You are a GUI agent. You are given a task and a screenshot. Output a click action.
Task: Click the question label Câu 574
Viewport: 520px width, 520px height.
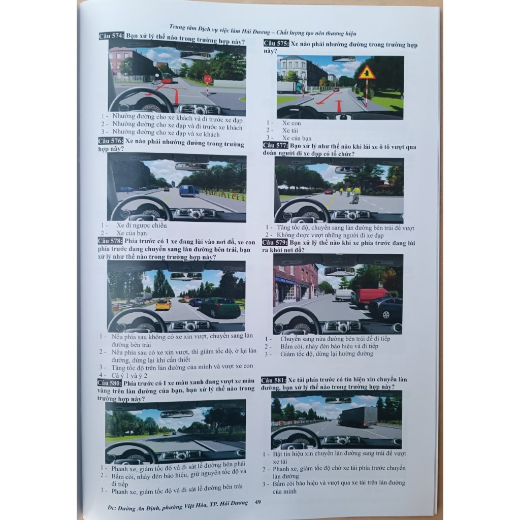(x=111, y=36)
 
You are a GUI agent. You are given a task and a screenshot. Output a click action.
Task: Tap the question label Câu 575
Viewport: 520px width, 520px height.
(x=276, y=44)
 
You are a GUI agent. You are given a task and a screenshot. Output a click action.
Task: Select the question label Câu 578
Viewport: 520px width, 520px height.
(x=110, y=241)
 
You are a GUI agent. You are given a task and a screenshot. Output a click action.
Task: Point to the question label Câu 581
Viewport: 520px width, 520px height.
(x=274, y=380)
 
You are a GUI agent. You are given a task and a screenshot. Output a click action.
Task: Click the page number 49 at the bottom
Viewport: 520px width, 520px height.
(x=257, y=502)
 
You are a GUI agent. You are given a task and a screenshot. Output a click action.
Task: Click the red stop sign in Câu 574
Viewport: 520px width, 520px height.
(x=208, y=79)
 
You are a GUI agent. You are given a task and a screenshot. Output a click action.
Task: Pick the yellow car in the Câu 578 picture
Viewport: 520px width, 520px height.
(x=163, y=305)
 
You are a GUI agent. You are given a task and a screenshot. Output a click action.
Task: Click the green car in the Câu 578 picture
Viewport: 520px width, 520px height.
(x=219, y=307)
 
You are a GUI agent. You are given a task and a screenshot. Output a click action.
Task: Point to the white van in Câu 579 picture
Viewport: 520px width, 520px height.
(x=345, y=295)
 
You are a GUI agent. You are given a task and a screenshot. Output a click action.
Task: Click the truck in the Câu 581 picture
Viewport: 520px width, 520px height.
(x=358, y=417)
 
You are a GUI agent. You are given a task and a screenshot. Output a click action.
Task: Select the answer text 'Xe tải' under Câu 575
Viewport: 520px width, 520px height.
(x=290, y=131)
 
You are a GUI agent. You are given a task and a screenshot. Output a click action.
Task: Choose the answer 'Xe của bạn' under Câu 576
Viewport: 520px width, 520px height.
(x=132, y=233)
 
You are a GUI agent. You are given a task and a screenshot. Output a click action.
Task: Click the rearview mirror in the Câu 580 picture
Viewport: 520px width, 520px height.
(x=177, y=414)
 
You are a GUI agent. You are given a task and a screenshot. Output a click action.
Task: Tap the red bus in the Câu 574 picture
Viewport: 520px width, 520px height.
(x=167, y=78)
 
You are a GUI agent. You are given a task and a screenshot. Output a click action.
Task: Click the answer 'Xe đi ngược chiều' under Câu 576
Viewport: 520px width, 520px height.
(x=141, y=225)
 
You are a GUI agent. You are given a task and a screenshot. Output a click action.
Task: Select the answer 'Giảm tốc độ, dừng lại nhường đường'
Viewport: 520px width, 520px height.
(x=327, y=354)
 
